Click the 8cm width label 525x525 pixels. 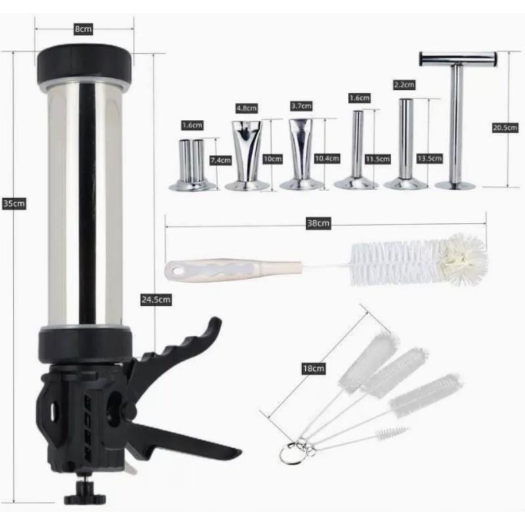point(83,29)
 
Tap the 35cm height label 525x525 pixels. point(14,203)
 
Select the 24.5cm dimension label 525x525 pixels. point(156,300)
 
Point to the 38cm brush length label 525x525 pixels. point(318,223)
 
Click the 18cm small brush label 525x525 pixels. point(314,369)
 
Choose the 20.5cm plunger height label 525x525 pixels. point(505,127)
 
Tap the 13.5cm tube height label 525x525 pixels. point(430,158)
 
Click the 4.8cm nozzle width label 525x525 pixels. point(247,108)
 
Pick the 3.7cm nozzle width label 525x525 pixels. point(301,106)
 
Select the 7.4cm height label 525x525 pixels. point(220,160)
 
